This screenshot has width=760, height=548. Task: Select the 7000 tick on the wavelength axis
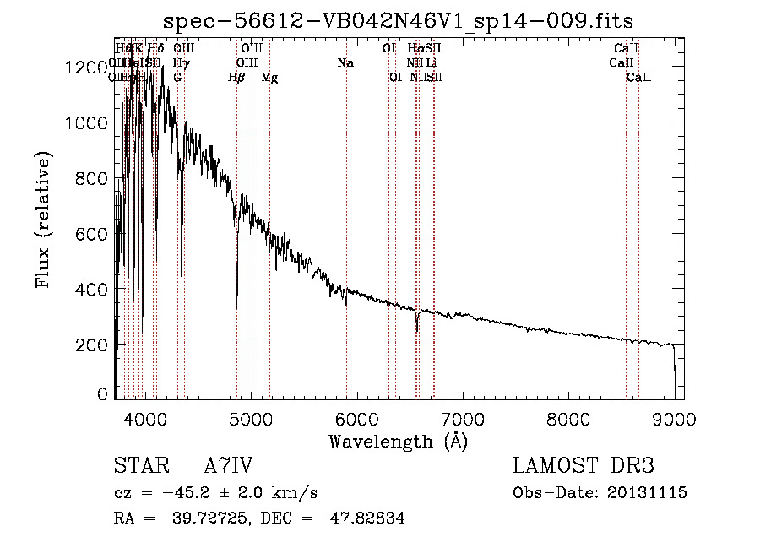463,419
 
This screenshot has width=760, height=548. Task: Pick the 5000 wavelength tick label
251,419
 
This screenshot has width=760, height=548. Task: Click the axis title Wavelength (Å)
398,441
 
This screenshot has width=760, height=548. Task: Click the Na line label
345,62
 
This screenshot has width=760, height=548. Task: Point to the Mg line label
269,78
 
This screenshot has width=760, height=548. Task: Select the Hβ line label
236,78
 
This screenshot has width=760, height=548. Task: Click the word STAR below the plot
136,466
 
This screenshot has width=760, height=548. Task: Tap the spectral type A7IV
228,466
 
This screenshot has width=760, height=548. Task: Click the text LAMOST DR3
584,466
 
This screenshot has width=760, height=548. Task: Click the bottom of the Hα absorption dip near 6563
417,331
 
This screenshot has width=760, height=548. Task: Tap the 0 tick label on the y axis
103,393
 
